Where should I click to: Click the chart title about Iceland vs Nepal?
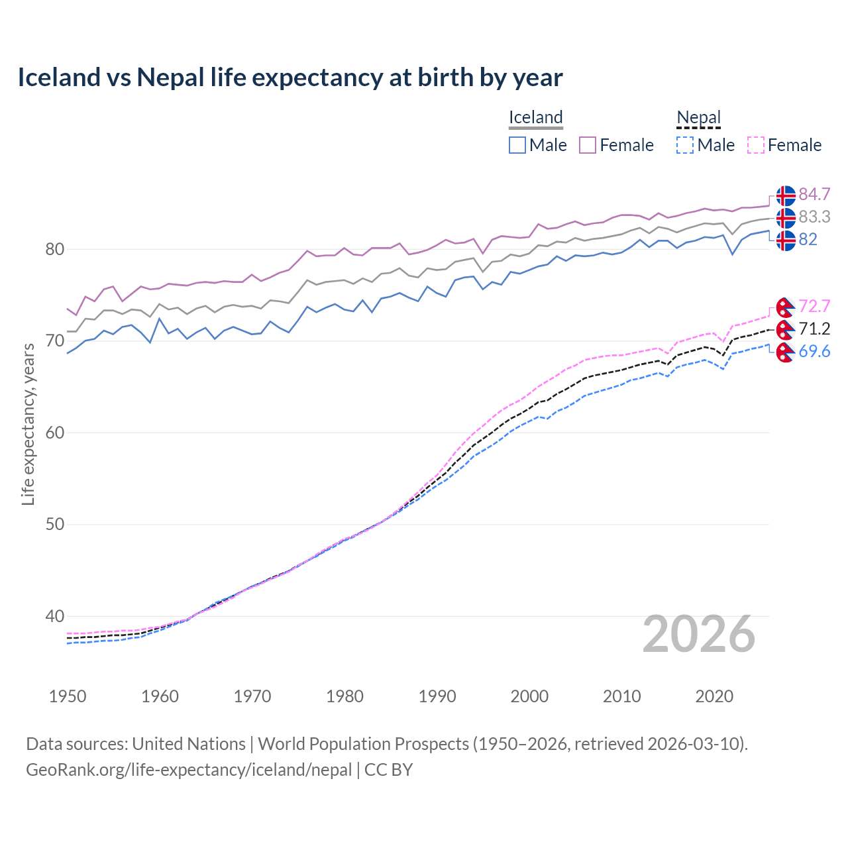coord(290,78)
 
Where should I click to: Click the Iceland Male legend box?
coord(517,145)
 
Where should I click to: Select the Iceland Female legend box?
coord(588,145)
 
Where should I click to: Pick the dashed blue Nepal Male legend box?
coord(685,145)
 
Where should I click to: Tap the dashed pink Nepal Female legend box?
coord(756,145)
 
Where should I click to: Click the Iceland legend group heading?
coord(535,117)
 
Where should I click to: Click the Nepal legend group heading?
coord(698,117)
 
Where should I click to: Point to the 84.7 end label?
coord(814,194)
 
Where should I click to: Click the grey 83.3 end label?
coord(814,217)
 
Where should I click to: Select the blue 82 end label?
coord(808,239)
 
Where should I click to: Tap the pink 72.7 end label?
coord(814,306)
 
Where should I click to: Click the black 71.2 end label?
coord(814,329)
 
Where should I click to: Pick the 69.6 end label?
coord(814,351)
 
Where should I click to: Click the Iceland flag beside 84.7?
coord(786,195)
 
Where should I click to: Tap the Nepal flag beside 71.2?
coord(785,329)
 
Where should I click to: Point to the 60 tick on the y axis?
coord(55,433)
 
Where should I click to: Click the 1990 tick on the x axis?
coord(437,696)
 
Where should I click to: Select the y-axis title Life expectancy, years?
coord(28,424)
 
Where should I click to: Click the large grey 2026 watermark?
coord(698,634)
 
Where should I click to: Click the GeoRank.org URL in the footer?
coord(189,770)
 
